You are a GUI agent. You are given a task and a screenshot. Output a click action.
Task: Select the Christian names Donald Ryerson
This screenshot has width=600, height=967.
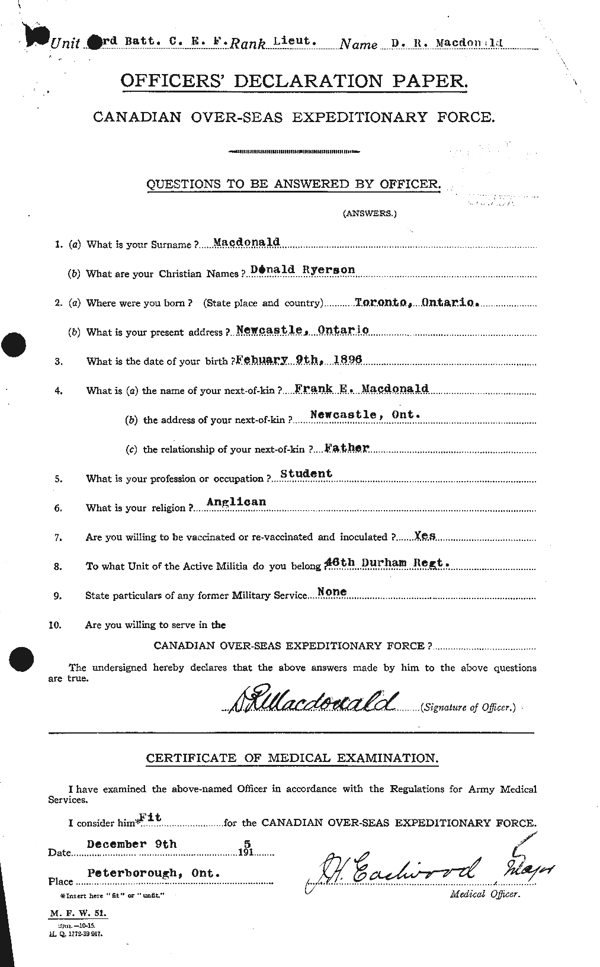click(303, 270)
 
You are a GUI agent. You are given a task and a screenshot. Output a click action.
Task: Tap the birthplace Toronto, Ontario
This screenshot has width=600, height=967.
click(416, 302)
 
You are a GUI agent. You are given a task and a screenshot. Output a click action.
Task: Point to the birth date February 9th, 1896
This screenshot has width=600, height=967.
click(299, 359)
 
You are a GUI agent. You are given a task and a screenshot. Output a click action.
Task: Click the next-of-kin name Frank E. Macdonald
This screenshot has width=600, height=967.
click(361, 389)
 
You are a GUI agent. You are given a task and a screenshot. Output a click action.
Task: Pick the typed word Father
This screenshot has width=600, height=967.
click(348, 447)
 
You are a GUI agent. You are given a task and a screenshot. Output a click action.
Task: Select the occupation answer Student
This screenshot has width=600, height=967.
click(306, 473)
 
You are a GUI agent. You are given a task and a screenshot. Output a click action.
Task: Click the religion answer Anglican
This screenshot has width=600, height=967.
click(236, 502)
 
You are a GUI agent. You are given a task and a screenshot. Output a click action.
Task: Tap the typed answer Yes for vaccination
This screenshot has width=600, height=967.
click(425, 535)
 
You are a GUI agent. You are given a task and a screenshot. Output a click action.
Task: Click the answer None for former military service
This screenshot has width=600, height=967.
click(332, 592)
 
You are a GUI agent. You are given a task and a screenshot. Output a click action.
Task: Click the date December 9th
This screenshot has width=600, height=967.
click(131, 844)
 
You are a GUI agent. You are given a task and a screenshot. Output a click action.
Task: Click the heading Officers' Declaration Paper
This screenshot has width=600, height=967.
click(294, 82)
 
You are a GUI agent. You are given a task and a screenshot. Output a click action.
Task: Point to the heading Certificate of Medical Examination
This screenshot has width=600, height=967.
click(293, 758)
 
